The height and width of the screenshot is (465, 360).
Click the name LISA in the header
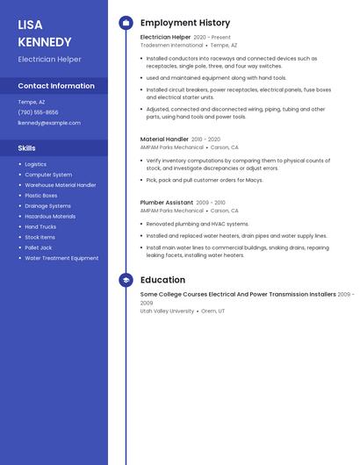coord(30,25)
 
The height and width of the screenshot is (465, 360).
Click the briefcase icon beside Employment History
coord(126,23)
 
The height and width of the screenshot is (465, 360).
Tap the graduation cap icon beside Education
coord(126,280)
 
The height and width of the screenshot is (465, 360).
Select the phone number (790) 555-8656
coord(38,112)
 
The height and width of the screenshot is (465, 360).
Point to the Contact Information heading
coord(56,86)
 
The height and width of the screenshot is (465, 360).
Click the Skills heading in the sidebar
coord(27,148)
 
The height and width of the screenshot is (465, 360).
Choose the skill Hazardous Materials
coord(50,216)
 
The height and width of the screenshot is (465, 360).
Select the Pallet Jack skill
coord(39,247)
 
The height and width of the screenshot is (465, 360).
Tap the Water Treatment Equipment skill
coord(61,258)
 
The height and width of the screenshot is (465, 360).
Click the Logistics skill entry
coord(36,164)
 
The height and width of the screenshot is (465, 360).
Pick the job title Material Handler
coord(164,139)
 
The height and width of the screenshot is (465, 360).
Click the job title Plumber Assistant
coord(166,203)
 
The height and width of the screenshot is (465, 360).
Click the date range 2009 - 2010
coord(210,203)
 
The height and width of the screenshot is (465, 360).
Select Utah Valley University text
coord(167,311)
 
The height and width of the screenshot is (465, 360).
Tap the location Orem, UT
coord(213,311)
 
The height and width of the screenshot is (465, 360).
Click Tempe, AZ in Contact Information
coord(32,102)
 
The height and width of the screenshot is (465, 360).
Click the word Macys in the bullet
coord(254,180)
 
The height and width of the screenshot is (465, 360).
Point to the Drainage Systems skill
coord(47,205)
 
